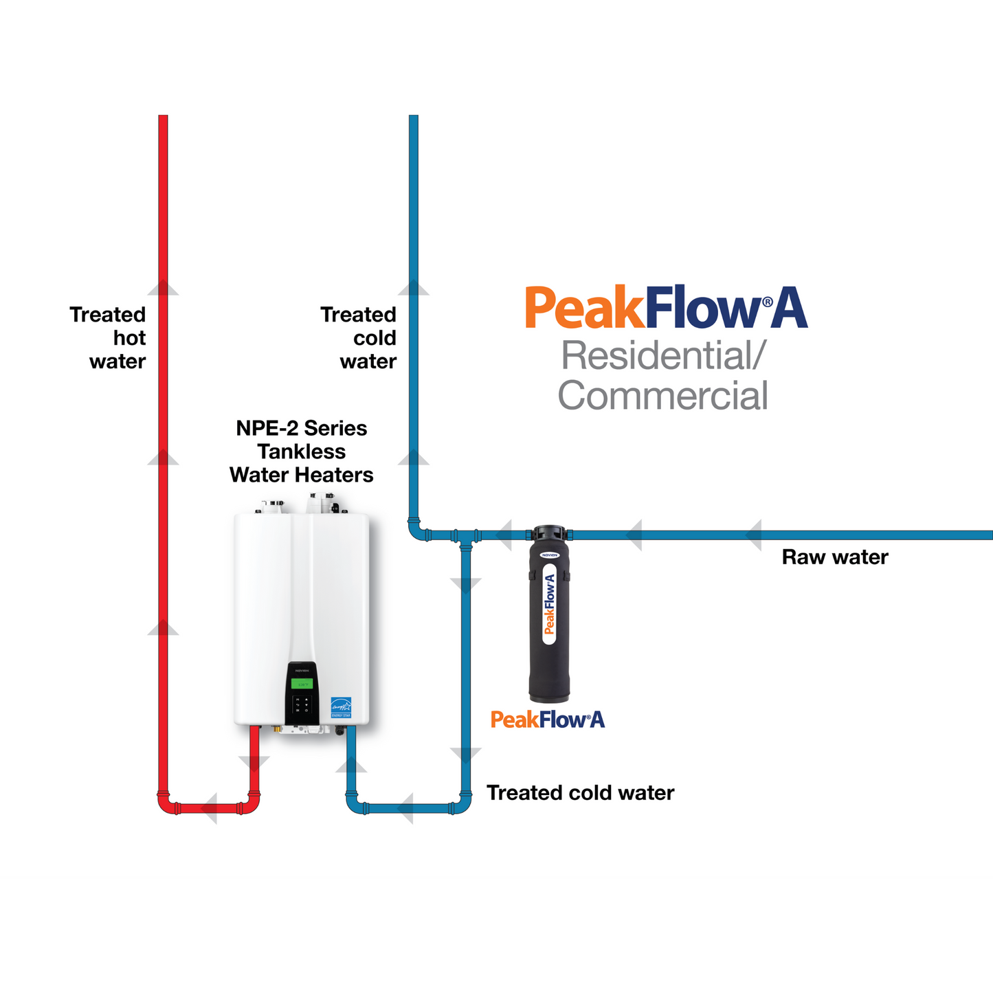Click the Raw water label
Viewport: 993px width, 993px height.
tap(834, 557)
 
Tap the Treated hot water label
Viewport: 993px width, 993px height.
tap(109, 337)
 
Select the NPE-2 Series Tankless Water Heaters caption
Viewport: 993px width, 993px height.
tap(301, 451)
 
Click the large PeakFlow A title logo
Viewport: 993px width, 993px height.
tap(666, 309)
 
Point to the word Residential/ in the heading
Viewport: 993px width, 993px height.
tap(662, 356)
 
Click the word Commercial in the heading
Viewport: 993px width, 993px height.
tap(662, 396)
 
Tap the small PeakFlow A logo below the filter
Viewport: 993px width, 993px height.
tap(548, 719)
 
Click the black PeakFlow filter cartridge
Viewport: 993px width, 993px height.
tap(549, 618)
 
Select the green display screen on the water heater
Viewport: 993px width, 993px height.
tap(302, 683)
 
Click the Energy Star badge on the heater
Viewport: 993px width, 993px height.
tap(341, 707)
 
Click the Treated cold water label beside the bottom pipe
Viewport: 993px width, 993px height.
tap(580, 793)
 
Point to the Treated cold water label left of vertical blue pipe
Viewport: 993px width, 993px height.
tap(359, 337)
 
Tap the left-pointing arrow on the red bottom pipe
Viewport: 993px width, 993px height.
tap(208, 808)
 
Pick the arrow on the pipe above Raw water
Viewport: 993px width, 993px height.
tap(754, 535)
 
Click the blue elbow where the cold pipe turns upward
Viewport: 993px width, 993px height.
tap(416, 531)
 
